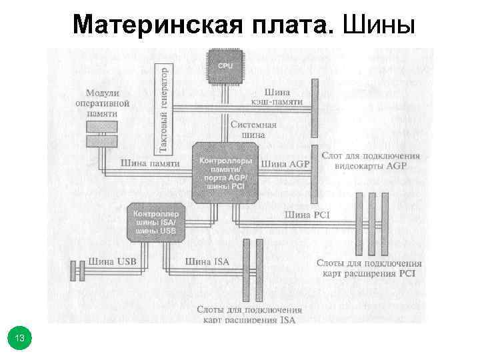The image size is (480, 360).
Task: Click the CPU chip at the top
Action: (226, 66)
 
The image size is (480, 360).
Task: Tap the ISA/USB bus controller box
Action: (155, 222)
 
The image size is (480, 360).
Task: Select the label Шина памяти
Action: (151, 163)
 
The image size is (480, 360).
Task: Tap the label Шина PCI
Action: (307, 215)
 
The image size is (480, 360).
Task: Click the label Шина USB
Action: (112, 261)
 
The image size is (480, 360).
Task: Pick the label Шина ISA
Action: (207, 261)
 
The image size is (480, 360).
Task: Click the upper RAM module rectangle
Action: (101, 127)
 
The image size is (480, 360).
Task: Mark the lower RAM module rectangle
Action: (101, 141)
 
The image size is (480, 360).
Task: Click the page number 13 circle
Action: (20, 339)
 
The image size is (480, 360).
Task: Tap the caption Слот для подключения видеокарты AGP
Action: (371, 161)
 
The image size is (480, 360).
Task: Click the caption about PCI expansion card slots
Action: (369, 269)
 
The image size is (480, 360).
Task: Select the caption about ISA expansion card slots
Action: (249, 315)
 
